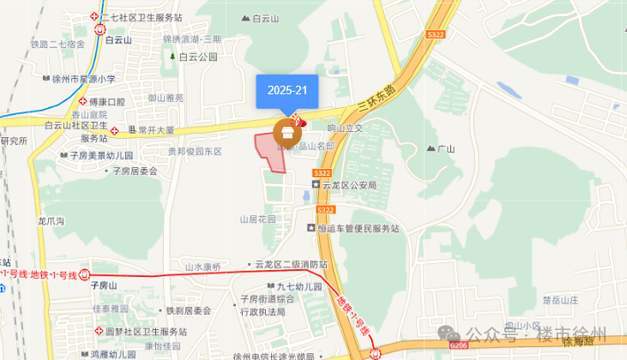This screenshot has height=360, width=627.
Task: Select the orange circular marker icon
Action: (287, 133)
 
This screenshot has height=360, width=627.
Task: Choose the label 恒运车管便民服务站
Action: (359, 228)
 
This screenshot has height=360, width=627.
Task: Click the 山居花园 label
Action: (258, 219)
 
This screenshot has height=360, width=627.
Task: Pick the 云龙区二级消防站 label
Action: (291, 265)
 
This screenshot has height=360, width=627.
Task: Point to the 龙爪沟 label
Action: (51, 220)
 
